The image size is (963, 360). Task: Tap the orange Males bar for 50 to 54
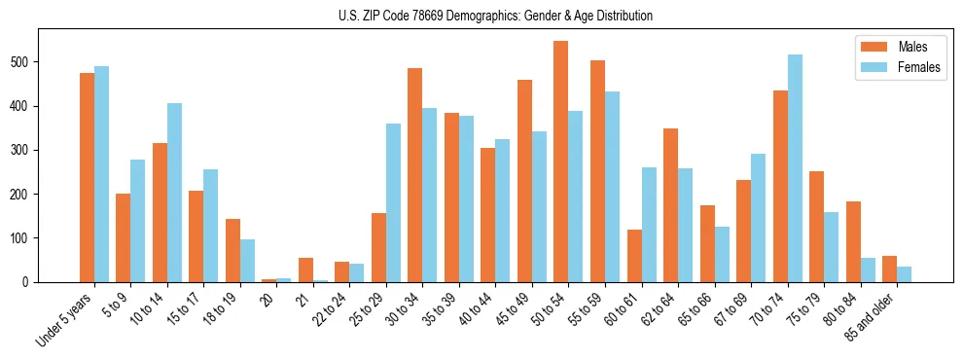[560, 162]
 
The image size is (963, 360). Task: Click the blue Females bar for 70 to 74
[795, 168]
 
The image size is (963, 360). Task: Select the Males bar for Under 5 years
[87, 177]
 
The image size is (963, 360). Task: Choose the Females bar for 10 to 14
[174, 193]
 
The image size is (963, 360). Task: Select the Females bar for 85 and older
[905, 274]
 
